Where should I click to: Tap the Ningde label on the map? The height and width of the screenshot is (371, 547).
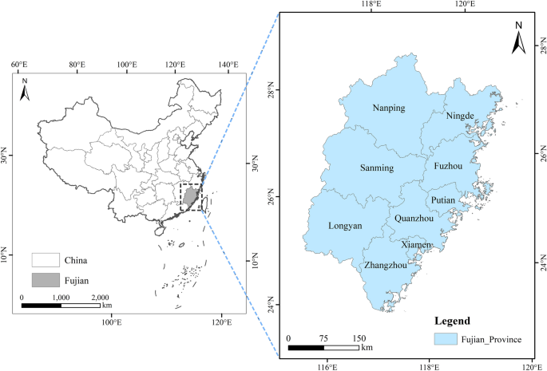pos(460,116)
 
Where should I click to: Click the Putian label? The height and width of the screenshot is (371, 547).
pos(443,199)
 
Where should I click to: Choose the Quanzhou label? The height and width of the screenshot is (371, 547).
pos(413,218)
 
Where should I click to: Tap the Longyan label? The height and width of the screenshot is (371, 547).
pos(345,226)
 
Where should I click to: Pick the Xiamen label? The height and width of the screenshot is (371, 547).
pos(417,244)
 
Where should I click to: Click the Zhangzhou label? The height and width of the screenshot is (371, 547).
pos(385,265)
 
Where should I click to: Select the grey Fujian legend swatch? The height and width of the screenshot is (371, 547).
pos(46,280)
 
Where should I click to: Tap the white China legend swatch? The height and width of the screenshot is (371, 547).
pos(46,260)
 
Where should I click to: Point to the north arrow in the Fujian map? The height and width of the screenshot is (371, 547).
pos(517,37)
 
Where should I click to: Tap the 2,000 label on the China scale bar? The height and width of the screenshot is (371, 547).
pos(98,297)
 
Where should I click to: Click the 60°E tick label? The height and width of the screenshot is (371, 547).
pos(20,64)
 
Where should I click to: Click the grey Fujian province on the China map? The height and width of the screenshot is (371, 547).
pos(190,195)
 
